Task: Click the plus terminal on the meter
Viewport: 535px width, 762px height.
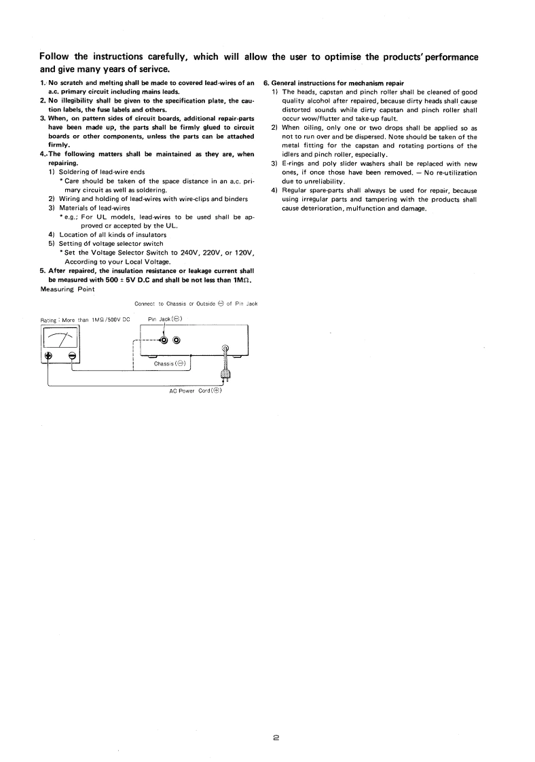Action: tap(48, 357)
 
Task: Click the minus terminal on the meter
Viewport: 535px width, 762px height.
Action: tap(72, 357)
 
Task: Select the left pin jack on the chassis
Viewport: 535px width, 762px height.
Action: tap(164, 341)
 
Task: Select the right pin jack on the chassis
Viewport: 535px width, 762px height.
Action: tap(177, 341)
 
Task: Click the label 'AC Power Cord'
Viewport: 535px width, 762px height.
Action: tap(196, 391)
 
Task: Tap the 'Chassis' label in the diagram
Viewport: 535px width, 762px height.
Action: tap(170, 363)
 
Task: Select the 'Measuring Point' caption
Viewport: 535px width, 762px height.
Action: tap(68, 289)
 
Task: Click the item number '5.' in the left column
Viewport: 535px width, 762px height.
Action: tap(43, 270)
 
